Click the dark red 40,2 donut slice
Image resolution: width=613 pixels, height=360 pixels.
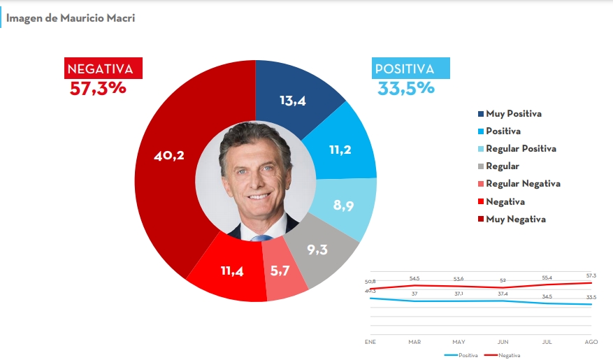click(168, 156)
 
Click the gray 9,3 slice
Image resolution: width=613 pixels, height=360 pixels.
click(317, 250)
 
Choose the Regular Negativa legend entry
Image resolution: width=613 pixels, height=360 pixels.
click(523, 184)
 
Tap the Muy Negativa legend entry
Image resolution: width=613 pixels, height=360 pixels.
click(515, 219)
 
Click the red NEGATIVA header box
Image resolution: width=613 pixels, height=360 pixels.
click(103, 69)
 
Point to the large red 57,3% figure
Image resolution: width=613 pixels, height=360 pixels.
click(98, 89)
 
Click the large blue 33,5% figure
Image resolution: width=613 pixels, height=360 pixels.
click(406, 89)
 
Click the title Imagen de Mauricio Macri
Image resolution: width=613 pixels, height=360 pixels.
click(71, 18)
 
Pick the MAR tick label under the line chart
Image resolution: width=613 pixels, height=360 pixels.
click(414, 342)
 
